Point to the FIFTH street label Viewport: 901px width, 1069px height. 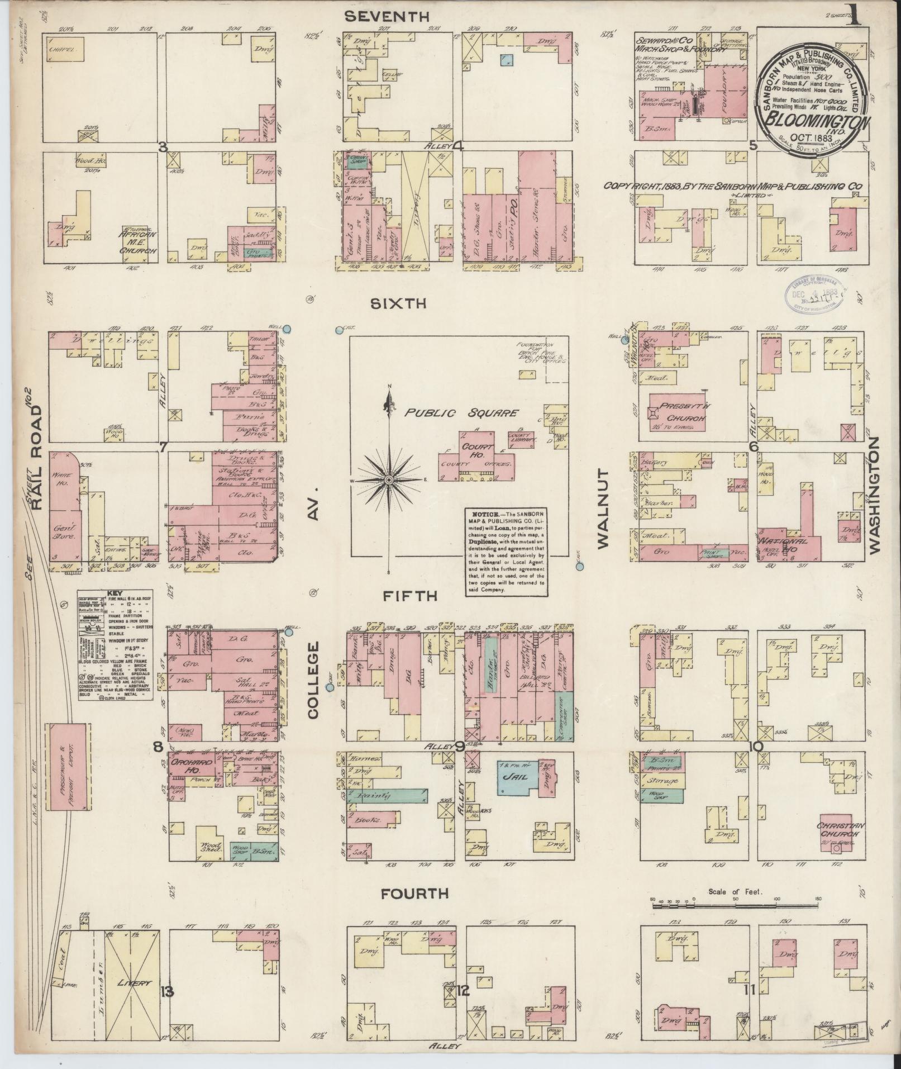click(409, 596)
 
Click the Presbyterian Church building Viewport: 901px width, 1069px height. click(676, 412)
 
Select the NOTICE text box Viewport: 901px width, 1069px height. click(506, 551)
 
